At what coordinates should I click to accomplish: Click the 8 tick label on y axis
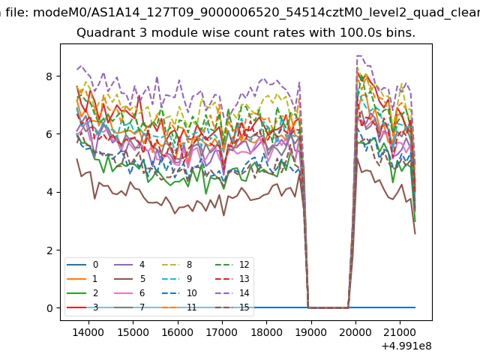tap(50, 76)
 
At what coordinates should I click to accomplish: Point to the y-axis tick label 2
tap(50, 250)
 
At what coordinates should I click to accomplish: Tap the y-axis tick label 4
tap(50, 193)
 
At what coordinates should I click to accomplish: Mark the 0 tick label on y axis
tap(50, 308)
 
